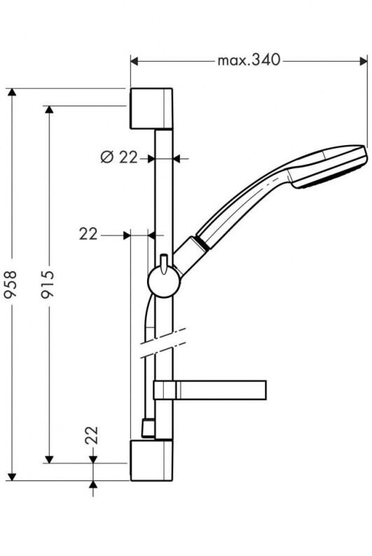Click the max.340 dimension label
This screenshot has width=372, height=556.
coord(248,60)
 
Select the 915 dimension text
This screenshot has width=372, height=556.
coord(48,285)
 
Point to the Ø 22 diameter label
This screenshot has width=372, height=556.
coord(118,158)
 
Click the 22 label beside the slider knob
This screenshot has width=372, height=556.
coord(88,234)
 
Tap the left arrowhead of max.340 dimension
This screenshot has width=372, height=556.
coord(135,61)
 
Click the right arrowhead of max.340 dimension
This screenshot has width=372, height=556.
coord(363,61)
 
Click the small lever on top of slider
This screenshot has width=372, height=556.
coord(163,262)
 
